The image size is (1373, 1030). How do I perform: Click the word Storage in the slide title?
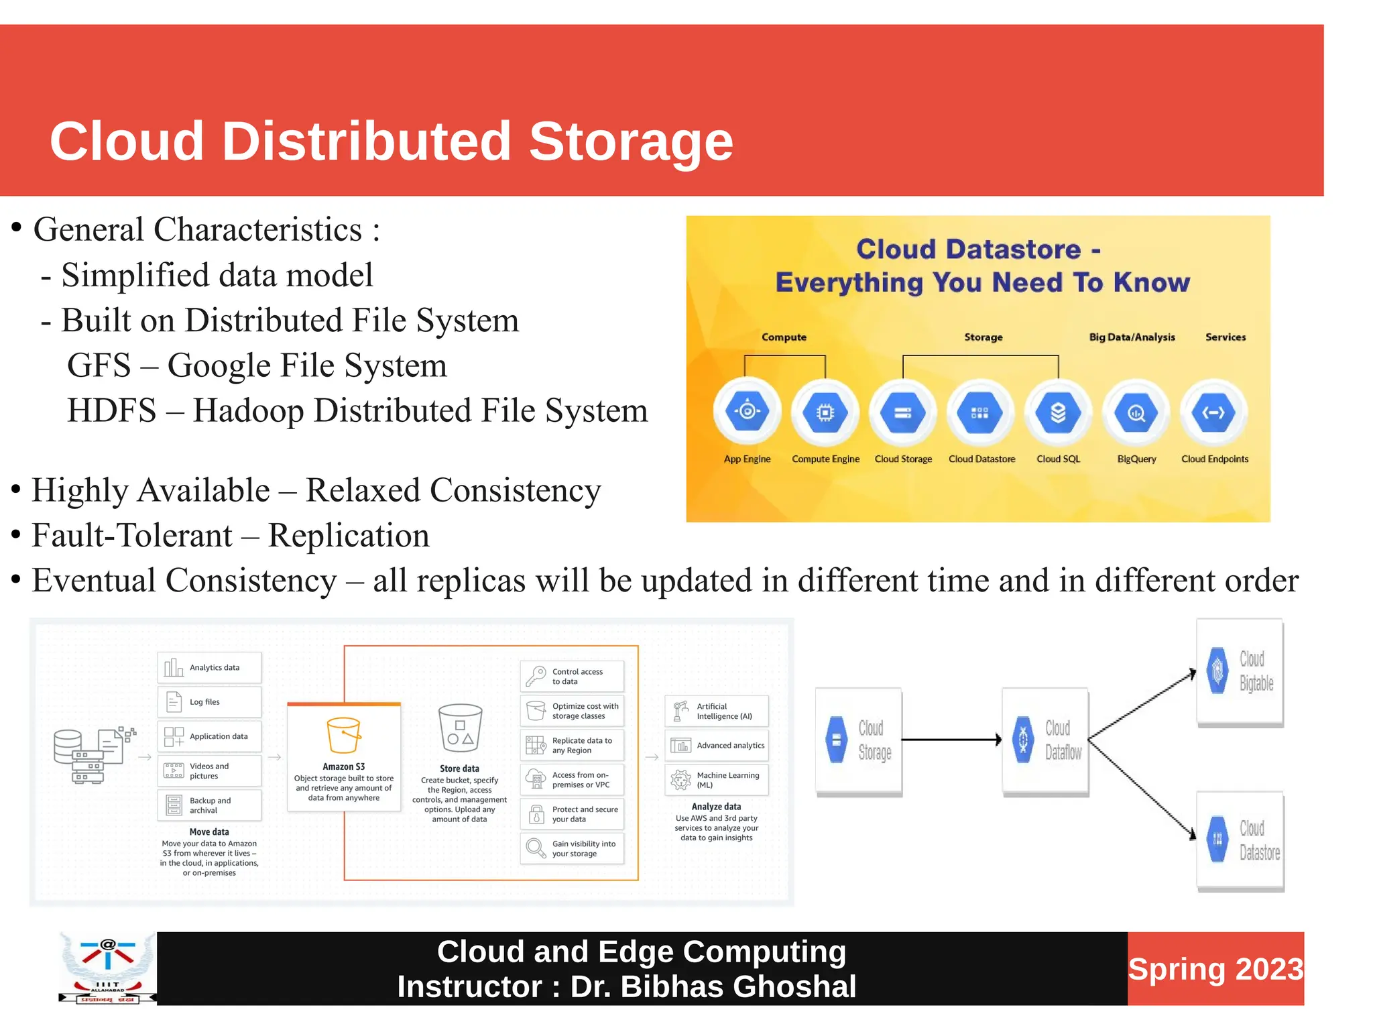coord(631,142)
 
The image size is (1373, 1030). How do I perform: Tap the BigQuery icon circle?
coord(1136,412)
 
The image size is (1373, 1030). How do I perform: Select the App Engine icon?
coord(747,411)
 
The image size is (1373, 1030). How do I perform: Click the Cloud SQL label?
coord(1058,459)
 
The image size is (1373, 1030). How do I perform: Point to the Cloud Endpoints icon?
coord(1213,412)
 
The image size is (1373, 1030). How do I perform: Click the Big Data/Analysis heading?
coord(1132,337)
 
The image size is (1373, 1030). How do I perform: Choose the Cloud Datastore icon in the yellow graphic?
coord(980,412)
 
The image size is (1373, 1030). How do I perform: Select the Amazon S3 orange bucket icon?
coord(343,735)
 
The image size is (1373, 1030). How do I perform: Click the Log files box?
coord(209,702)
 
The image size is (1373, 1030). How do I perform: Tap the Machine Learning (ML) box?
coord(717,780)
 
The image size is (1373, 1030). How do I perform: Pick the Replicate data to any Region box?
coord(572,746)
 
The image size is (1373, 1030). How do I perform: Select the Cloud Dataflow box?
coord(1045,741)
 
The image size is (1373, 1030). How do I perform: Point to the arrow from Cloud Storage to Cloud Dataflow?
coord(951,740)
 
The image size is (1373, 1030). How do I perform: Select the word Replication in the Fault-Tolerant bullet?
coord(349,536)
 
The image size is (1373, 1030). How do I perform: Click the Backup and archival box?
coord(209,805)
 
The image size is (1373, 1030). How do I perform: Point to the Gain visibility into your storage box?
coord(572,849)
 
